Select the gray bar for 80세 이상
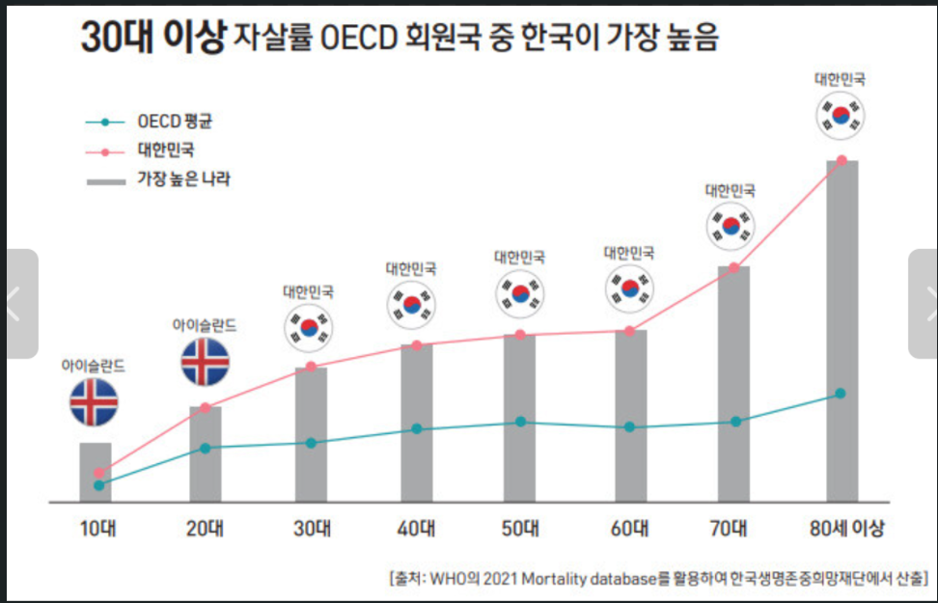(841, 333)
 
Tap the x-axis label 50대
(520, 529)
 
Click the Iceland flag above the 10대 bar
(94, 402)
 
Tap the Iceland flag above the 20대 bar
(205, 361)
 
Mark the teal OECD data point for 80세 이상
(841, 394)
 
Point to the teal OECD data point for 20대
(205, 448)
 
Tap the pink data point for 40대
(416, 345)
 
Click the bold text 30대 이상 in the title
(152, 39)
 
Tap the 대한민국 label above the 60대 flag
(629, 253)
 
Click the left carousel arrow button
(17, 304)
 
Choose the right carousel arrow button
(924, 304)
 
